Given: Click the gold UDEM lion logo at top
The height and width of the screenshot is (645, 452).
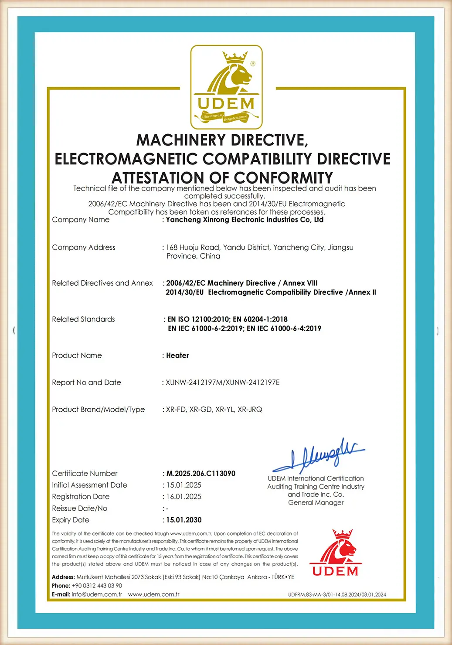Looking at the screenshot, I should click(226, 87).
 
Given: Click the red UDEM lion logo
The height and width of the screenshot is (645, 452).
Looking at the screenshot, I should click(335, 553).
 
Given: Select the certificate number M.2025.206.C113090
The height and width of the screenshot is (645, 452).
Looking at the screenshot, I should click(201, 474).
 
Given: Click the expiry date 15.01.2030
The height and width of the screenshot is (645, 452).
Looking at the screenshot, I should click(184, 520).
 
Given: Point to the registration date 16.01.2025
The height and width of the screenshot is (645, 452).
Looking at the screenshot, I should click(184, 497).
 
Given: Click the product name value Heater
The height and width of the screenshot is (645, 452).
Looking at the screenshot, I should click(177, 355).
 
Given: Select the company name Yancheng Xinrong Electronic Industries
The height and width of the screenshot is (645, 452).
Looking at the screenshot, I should click(244, 220).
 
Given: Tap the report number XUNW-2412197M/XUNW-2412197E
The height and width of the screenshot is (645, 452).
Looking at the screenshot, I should click(223, 382).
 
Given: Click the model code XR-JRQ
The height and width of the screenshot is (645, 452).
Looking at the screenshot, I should click(250, 410).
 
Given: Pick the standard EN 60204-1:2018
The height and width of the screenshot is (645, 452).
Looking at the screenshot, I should click(260, 319).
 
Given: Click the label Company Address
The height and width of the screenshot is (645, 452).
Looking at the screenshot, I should click(84, 248).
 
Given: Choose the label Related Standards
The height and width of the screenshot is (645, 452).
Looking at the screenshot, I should click(83, 319).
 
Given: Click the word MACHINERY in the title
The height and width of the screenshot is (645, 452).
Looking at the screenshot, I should click(181, 140).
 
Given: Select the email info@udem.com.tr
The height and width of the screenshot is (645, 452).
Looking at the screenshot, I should click(97, 594).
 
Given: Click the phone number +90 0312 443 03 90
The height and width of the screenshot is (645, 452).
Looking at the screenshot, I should click(97, 586).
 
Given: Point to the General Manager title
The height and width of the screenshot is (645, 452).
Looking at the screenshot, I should click(316, 503).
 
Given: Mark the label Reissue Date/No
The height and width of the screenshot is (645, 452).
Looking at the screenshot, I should click(79, 508).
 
